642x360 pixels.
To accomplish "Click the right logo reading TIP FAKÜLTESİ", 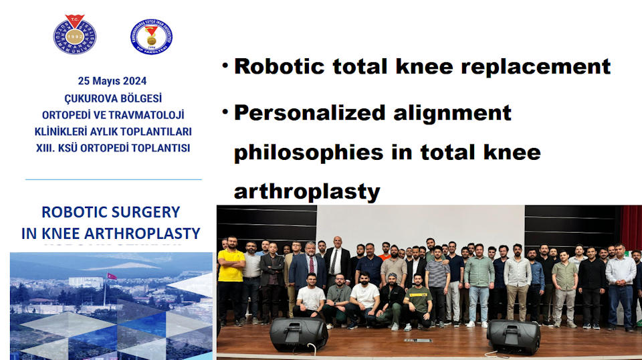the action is (x=152, y=36).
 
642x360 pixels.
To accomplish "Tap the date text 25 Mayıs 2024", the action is (x=112, y=81).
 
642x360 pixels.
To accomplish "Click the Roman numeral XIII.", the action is (x=45, y=148).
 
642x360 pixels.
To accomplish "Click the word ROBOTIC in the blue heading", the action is (x=70, y=212).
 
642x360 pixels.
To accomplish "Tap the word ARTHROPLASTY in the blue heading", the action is (x=142, y=234).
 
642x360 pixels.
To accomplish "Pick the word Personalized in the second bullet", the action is (x=310, y=114).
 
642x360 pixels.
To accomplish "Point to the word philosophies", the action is (x=309, y=153).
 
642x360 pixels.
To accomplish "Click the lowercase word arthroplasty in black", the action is (x=307, y=191).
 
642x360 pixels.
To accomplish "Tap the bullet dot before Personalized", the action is (x=225, y=111).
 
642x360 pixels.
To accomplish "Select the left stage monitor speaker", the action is (x=298, y=334).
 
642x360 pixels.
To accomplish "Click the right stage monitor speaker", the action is (x=514, y=337).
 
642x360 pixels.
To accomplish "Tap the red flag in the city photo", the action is (x=112, y=276).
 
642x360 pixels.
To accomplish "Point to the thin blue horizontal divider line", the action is (x=114, y=179).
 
